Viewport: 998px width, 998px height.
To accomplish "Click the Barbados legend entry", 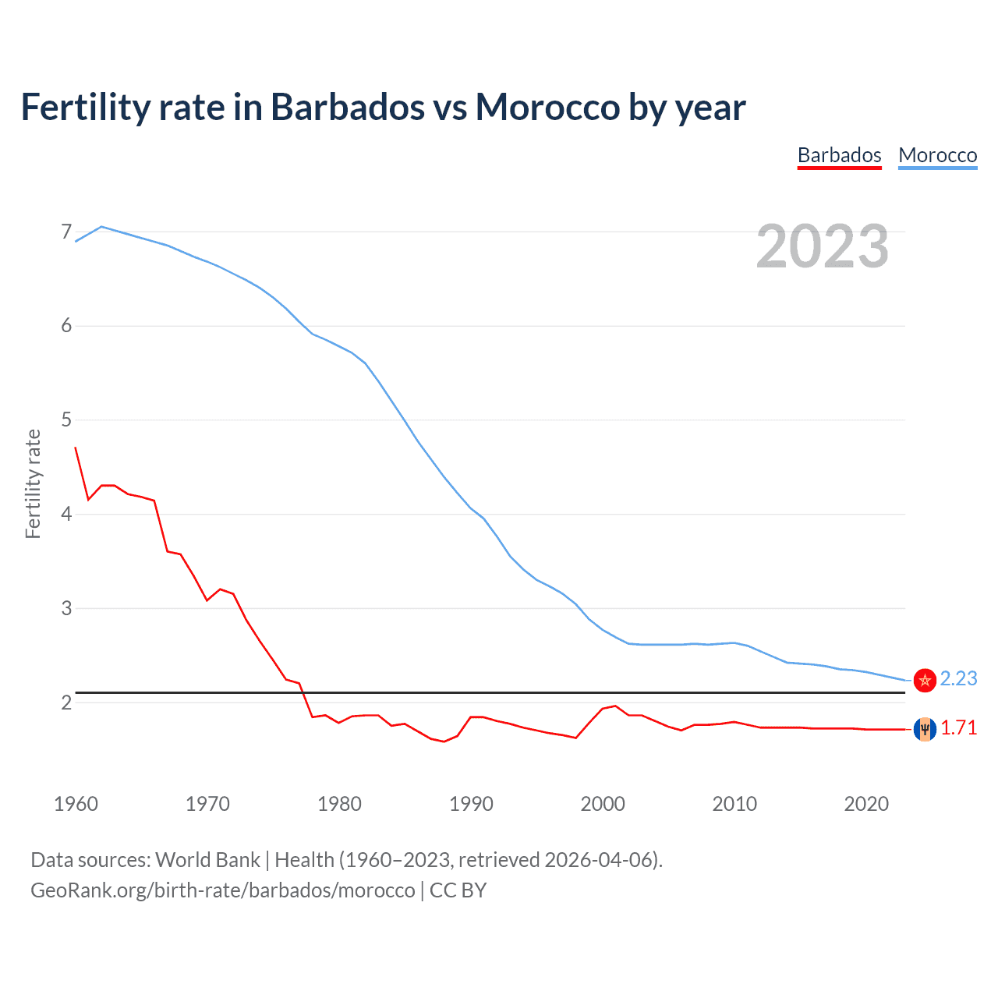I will click(839, 155).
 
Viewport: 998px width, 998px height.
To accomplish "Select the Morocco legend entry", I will click(937, 155).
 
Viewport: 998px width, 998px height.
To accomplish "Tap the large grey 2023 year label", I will click(822, 246).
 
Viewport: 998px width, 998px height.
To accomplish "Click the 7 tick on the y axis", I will click(66, 232).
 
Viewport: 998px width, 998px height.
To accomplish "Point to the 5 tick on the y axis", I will click(66, 420).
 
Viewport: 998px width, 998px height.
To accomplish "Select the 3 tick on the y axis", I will click(66, 608).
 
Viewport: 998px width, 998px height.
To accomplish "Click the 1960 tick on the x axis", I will click(76, 804).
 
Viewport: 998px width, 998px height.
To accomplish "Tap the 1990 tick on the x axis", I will click(471, 804).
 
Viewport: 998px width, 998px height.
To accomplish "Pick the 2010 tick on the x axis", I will click(734, 804).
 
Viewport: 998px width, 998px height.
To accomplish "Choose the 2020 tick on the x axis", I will click(866, 804).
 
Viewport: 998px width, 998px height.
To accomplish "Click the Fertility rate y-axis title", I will click(33, 483).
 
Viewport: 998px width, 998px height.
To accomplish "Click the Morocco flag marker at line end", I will click(925, 680).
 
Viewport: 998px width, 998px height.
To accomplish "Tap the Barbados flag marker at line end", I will click(925, 729).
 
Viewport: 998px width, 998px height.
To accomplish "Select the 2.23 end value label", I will click(958, 679).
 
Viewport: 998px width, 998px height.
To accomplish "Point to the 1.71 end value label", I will click(958, 728).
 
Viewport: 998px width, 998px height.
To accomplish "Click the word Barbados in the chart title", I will click(347, 107).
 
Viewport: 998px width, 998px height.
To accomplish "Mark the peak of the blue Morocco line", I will click(101, 227).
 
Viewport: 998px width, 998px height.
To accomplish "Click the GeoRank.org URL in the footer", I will click(223, 890).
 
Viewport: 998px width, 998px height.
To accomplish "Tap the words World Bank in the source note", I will click(207, 860).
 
